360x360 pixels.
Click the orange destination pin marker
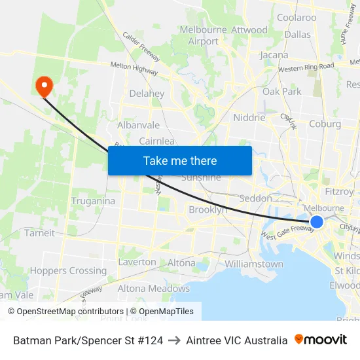[x=45, y=85]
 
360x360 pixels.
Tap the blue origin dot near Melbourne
[x=316, y=222]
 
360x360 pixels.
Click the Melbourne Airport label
[x=203, y=35]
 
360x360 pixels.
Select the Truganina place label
[x=93, y=201]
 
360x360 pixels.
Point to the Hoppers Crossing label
[x=68, y=270]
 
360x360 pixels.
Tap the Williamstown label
[x=254, y=264]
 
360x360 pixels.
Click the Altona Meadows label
[x=153, y=288]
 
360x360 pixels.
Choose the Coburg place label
[x=325, y=124]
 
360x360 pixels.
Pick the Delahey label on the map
[x=147, y=94]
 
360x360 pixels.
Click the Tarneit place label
[x=39, y=233]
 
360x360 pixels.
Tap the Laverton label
[x=137, y=262]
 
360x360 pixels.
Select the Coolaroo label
[x=297, y=18]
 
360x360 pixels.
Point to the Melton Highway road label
[x=134, y=67]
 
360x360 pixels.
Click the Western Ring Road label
[x=306, y=67]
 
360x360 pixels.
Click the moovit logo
[x=321, y=340]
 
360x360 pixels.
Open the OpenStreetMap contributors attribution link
[x=65, y=312]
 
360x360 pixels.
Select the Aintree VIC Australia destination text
[x=236, y=340]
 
